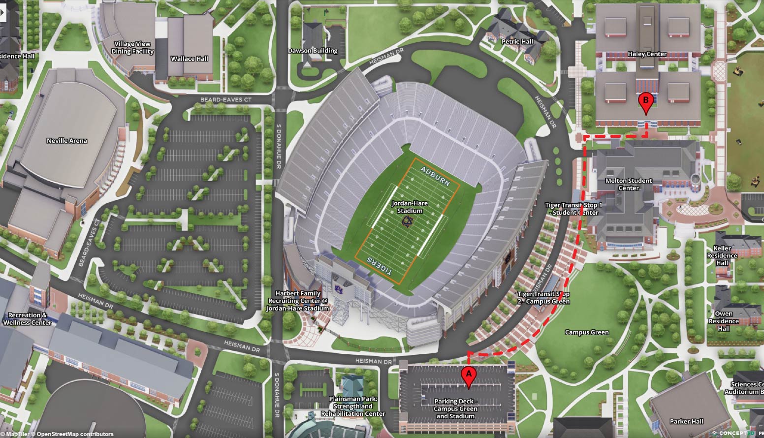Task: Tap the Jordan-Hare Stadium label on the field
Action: [x=410, y=207]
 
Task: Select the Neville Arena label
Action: [x=67, y=141]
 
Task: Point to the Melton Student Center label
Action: [x=629, y=184]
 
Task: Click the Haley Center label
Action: [x=647, y=54]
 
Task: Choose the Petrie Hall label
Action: [x=517, y=42]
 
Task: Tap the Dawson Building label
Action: [x=313, y=51]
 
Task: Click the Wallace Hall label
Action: [x=190, y=59]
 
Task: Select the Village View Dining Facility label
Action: [x=132, y=48]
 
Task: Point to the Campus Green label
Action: [x=587, y=332]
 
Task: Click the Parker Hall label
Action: [x=686, y=421]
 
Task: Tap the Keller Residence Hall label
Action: [x=722, y=255]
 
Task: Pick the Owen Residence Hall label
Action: [x=724, y=321]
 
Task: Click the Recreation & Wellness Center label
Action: [x=28, y=319]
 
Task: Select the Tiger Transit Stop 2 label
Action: [x=543, y=298]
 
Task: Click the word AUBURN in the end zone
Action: [x=435, y=176]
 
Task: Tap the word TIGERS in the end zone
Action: [x=380, y=266]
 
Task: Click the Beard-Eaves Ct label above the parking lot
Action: [x=225, y=100]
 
